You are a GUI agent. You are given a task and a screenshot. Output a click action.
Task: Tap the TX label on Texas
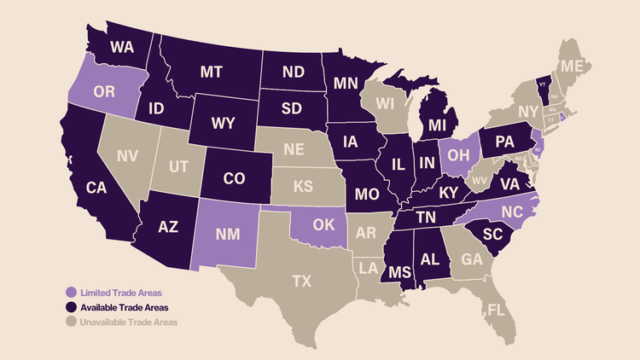tap(301, 280)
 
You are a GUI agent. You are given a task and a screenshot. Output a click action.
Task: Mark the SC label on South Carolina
tap(495, 235)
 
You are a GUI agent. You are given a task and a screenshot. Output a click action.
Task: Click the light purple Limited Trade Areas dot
tap(73, 293)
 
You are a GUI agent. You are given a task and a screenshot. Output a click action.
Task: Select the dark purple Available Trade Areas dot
tap(73, 307)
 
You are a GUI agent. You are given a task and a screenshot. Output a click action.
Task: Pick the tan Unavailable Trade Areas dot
tap(73, 322)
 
